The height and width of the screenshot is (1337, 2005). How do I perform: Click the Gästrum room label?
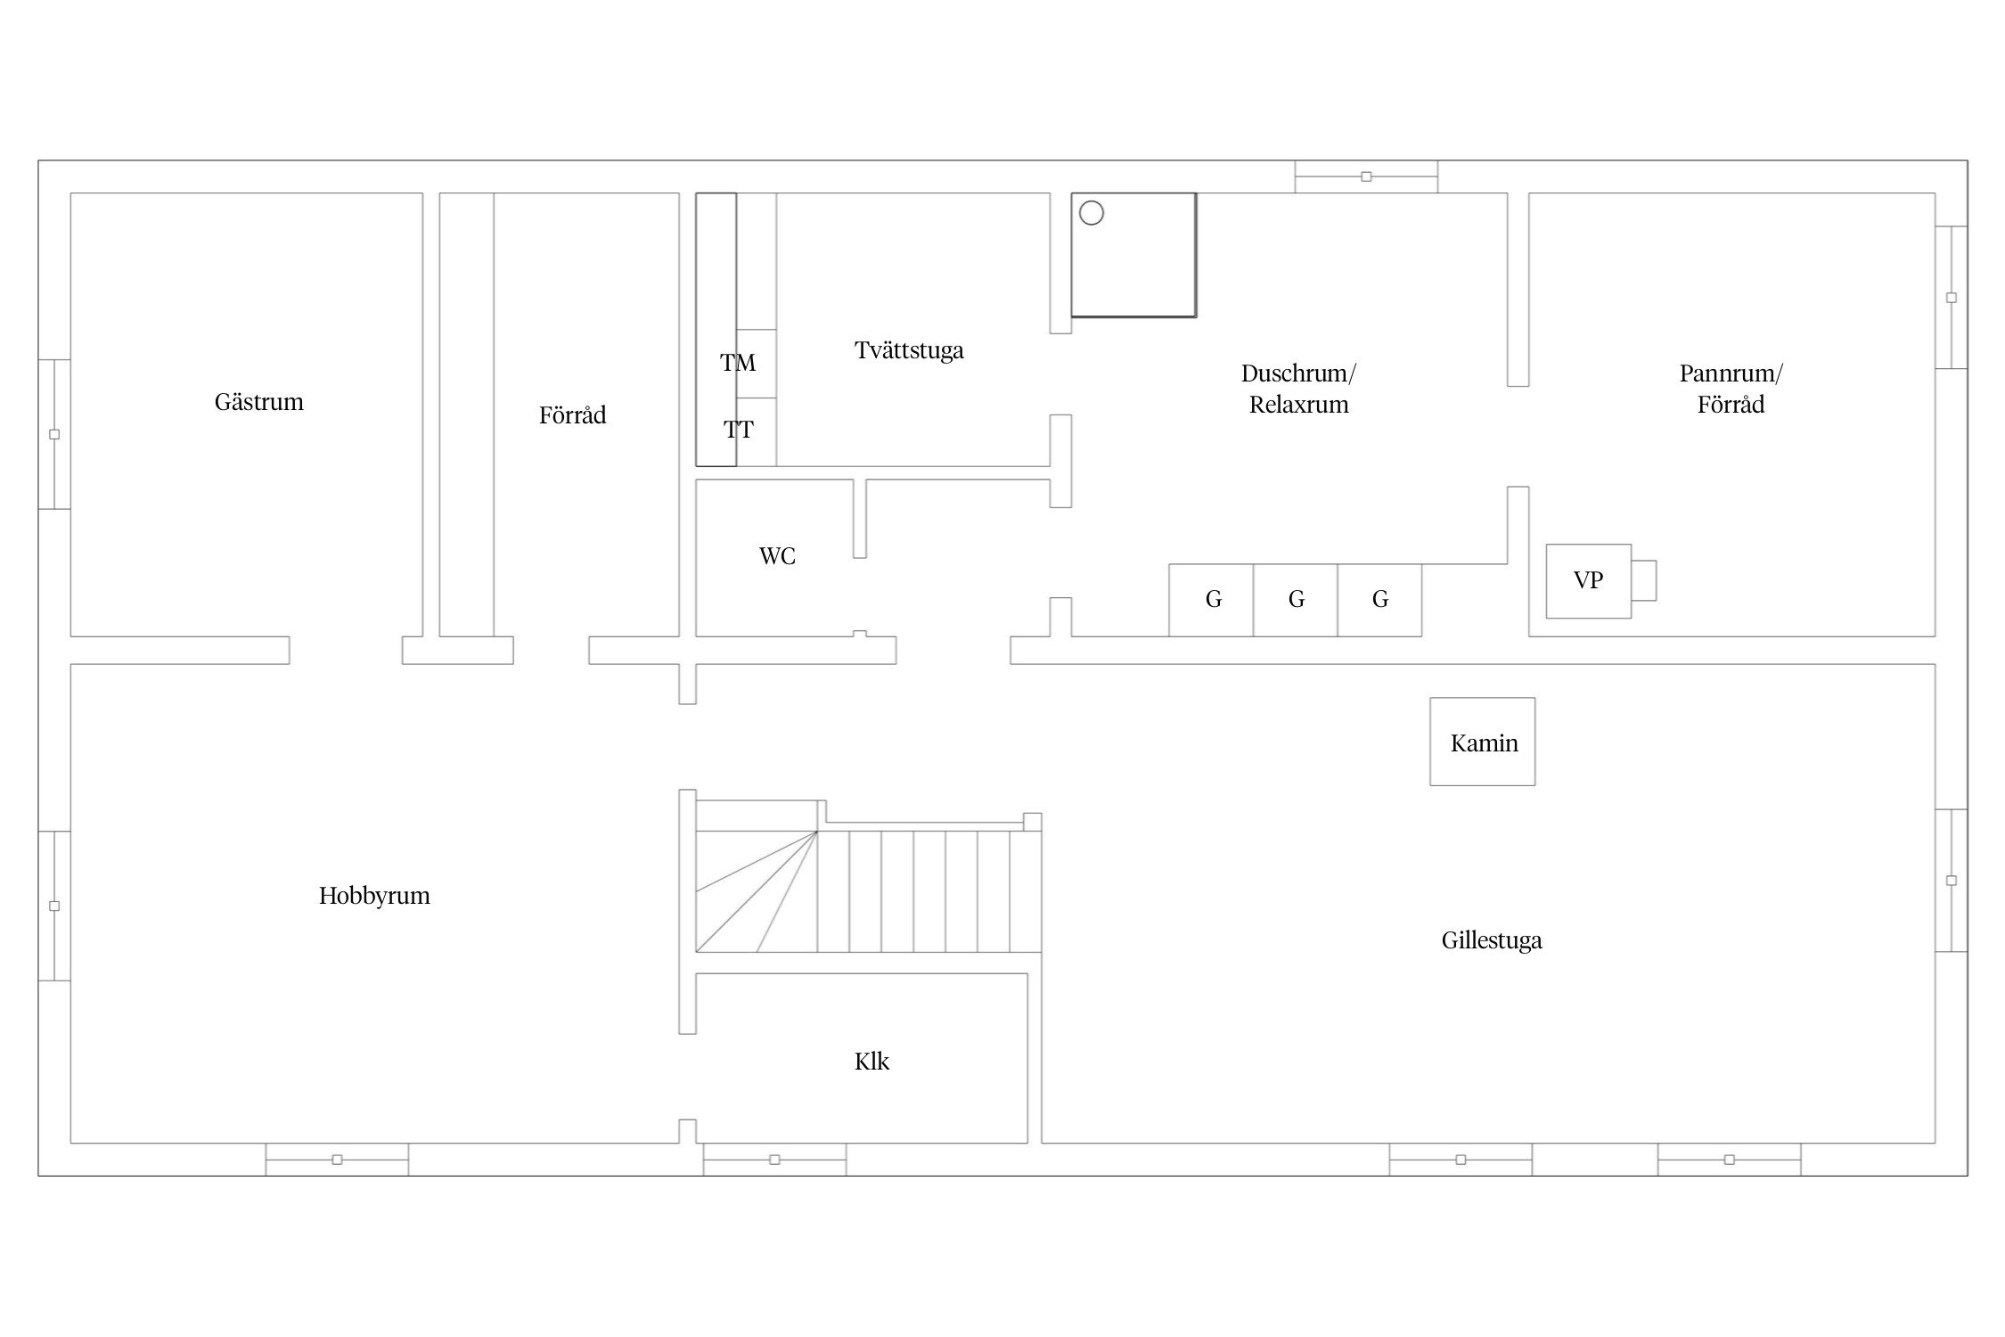tap(258, 402)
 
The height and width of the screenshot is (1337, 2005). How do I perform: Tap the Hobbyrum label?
tap(374, 896)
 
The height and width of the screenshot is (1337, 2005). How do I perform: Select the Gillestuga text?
tap(1492, 940)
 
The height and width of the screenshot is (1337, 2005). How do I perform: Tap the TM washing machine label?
tap(738, 363)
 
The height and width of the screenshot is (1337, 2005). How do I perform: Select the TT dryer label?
tap(738, 431)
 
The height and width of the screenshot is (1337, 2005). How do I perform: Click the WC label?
tap(777, 556)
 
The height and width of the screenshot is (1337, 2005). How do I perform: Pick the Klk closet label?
tap(872, 1061)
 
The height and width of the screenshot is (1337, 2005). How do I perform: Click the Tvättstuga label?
tap(909, 350)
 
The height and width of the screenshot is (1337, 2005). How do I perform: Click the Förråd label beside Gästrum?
tap(572, 415)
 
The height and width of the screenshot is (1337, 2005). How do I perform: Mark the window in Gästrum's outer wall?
tap(54, 434)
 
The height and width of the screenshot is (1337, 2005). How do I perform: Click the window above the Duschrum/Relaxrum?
tap(1366, 176)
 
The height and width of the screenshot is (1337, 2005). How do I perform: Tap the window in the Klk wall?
tap(774, 1160)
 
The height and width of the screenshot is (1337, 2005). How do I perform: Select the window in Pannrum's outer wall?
tap(1951, 297)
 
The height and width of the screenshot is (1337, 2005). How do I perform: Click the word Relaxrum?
tap(1298, 406)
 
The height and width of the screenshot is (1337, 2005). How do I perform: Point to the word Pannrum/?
tap(1731, 373)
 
